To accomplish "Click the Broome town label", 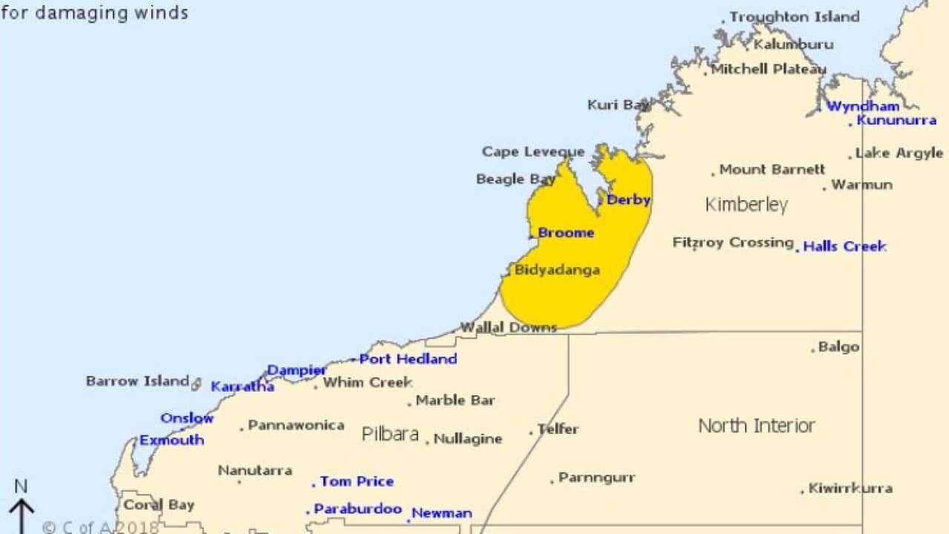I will [566, 233].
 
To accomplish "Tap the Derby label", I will [628, 200].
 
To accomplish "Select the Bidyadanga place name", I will [557, 270].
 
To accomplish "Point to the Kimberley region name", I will [746, 205].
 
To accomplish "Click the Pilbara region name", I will [390, 434].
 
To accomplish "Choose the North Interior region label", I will [756, 426].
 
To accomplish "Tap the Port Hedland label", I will [408, 359].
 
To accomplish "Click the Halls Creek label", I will [844, 246].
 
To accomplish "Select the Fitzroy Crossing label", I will [733, 243].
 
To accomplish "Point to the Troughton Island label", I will [794, 16].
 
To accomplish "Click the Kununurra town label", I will [896, 120].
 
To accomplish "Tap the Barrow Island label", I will [138, 381].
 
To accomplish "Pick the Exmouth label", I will [171, 440].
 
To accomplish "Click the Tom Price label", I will [357, 481].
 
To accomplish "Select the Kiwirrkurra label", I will [850, 488].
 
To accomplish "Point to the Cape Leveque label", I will [533, 152].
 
